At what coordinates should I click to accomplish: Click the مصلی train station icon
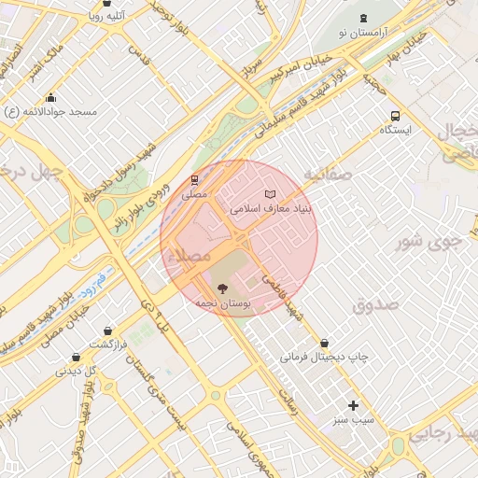(x=194, y=180)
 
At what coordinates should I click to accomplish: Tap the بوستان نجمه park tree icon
(x=221, y=288)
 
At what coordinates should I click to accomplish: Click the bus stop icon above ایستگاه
(x=395, y=117)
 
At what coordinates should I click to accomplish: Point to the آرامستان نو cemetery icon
(x=363, y=20)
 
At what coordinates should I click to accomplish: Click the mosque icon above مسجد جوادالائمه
(x=50, y=98)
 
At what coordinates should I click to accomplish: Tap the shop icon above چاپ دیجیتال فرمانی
(x=324, y=343)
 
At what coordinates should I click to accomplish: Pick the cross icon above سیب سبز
(x=353, y=405)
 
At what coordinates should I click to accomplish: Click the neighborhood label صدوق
(x=376, y=304)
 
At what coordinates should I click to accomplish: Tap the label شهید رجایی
(x=440, y=433)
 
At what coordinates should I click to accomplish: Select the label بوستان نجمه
(x=220, y=303)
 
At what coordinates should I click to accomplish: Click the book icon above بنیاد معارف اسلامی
(x=271, y=193)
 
